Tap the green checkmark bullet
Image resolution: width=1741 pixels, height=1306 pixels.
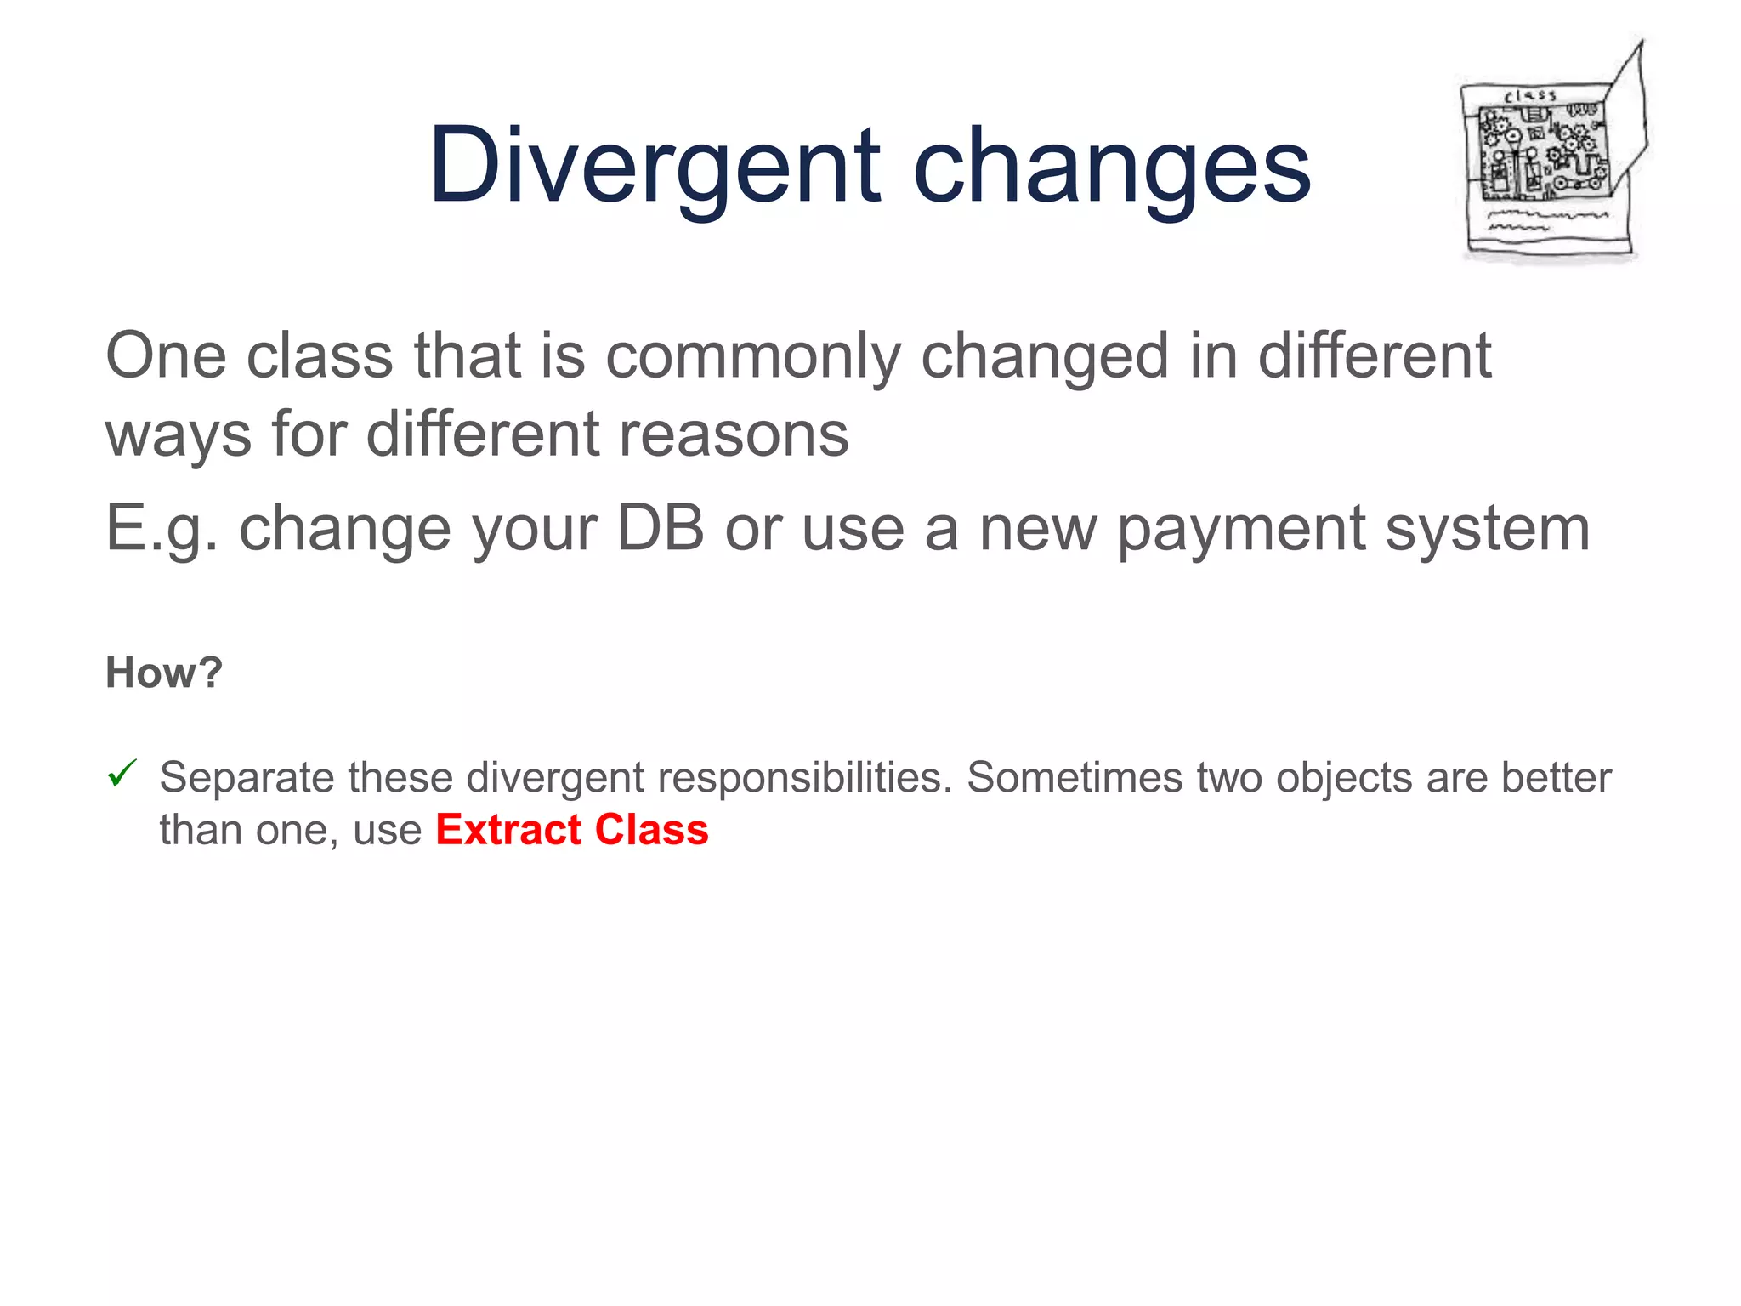(122, 774)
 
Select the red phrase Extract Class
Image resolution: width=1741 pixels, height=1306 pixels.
(571, 830)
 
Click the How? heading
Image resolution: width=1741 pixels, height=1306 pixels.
(163, 673)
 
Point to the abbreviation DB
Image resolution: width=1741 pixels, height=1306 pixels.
(661, 528)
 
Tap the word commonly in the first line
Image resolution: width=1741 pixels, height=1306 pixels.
(752, 357)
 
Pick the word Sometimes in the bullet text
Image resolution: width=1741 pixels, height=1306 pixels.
(1074, 777)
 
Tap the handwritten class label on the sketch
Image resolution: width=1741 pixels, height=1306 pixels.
(1530, 96)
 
